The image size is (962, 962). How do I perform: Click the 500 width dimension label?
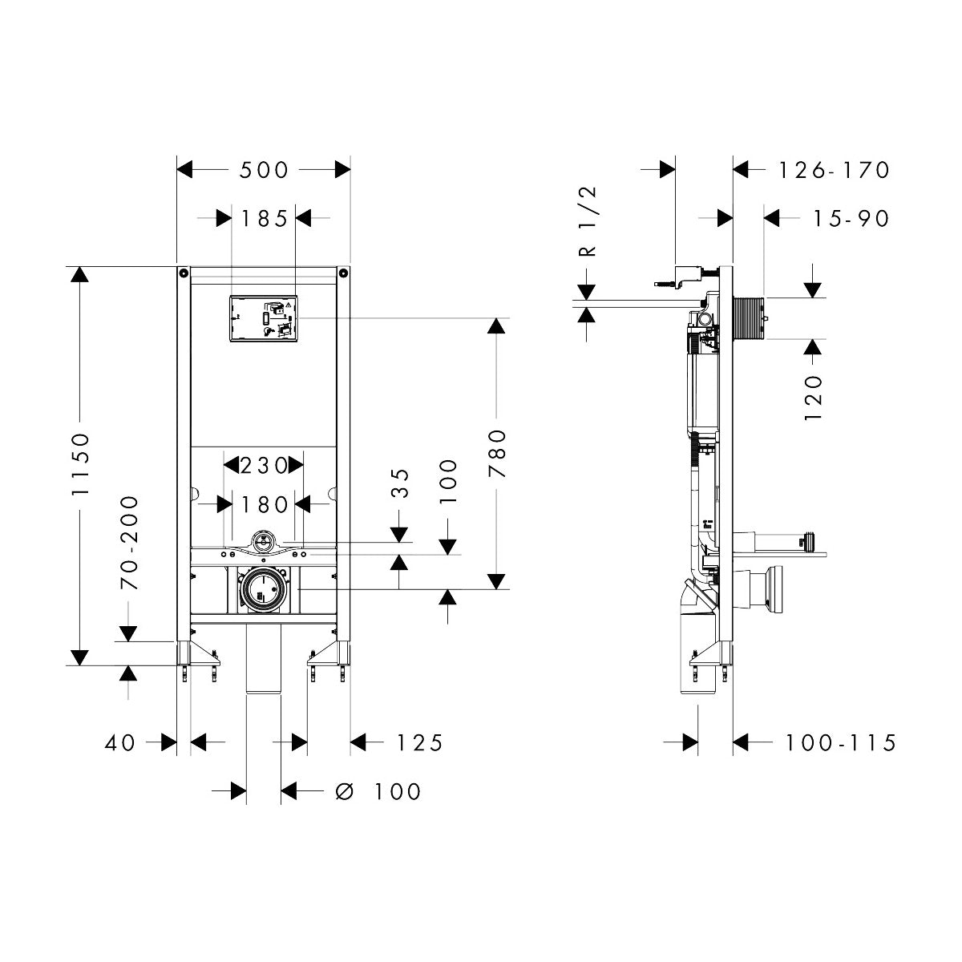(x=264, y=170)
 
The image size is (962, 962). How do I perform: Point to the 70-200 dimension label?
(x=129, y=543)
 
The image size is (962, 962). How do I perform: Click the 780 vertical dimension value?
(x=498, y=454)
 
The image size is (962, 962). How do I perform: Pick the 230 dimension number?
(x=264, y=465)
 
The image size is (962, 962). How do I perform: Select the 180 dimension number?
(x=264, y=504)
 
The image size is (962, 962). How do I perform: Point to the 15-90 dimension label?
(x=839, y=218)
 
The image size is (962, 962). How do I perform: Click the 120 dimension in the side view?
(x=813, y=398)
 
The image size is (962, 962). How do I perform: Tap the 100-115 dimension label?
(x=839, y=743)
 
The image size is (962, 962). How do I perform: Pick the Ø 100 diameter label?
(x=378, y=792)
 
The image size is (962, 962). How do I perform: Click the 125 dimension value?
(x=418, y=743)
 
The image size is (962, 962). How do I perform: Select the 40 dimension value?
(x=120, y=743)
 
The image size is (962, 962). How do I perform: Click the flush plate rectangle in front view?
(x=264, y=318)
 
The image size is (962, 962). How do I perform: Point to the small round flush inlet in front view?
(x=262, y=541)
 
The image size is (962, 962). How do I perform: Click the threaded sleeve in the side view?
(x=750, y=318)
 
